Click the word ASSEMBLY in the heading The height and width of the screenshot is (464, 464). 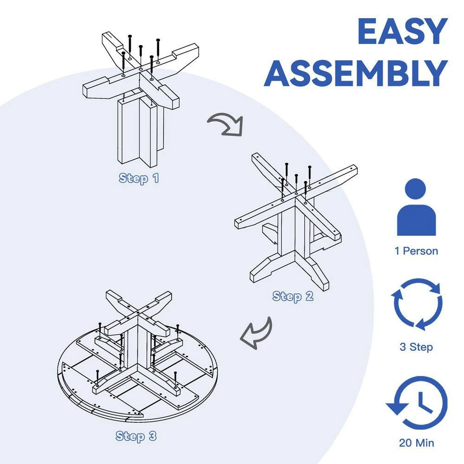tap(356, 73)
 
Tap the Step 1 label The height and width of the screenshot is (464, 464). tap(139, 179)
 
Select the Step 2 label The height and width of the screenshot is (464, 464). tap(293, 296)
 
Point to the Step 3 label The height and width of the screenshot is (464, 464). tap(136, 436)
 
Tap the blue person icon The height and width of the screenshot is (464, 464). tap(416, 207)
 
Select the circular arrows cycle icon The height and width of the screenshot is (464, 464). tap(416, 304)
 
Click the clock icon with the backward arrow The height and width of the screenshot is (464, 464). tap(417, 402)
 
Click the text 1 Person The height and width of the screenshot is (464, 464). tap(416, 251)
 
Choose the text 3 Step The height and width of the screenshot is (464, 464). tap(416, 347)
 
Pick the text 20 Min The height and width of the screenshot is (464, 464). tap(416, 443)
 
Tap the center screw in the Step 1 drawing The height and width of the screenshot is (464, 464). tap(141, 58)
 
